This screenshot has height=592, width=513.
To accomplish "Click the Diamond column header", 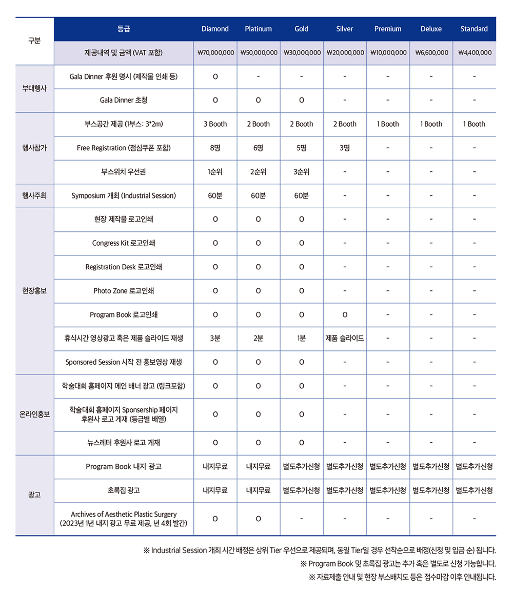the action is point(215,29).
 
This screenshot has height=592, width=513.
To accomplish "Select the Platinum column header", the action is point(258,29).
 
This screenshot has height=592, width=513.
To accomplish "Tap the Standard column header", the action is point(474,29).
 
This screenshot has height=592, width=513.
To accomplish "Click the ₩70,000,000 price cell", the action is point(215,53).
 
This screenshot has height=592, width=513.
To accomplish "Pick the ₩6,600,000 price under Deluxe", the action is point(431,53).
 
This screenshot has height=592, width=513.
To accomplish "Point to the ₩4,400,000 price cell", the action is point(474,53).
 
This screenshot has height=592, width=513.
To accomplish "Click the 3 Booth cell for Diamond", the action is point(215,124).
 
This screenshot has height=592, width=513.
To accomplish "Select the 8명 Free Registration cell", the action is point(215,148).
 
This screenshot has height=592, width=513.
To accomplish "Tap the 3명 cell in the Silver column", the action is point(345,148).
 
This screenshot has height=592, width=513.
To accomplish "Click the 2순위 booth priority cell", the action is point(258,172).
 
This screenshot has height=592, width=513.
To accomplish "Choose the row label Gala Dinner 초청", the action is point(124,101).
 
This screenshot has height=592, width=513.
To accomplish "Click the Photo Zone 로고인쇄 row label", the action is point(124,291).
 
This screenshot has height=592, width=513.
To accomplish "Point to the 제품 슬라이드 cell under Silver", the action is point(345,339).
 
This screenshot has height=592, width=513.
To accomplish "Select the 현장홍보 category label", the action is point(34,291).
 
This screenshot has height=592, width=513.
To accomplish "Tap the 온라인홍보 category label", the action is point(34,414).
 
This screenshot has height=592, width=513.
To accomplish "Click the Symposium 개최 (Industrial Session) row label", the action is point(124,196).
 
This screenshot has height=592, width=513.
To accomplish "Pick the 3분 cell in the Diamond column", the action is point(215,339).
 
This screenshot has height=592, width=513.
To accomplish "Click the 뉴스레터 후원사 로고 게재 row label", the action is point(124,443).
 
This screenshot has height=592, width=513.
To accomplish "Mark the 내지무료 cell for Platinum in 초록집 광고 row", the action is point(258,490).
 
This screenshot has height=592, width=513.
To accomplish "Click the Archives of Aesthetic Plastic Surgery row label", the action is point(124,519).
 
